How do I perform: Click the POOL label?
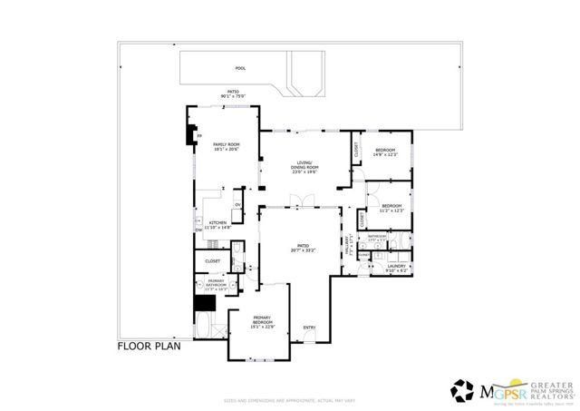pos(240,68)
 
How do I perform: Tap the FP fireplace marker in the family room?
pos(199,136)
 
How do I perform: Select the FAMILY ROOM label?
pos(226,147)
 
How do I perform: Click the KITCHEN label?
pos(218,225)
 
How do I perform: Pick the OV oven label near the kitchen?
pos(237,204)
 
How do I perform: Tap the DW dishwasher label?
pos(198,230)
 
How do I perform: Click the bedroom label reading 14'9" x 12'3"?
pos(386,152)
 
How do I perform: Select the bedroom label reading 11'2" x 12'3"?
pos(391,208)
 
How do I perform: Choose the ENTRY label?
pos(310,328)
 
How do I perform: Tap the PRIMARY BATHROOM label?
pos(216,285)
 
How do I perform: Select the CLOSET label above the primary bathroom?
pos(212,260)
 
